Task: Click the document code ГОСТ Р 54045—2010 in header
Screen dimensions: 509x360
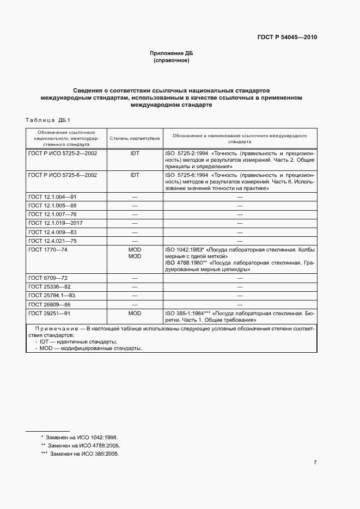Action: tap(286, 38)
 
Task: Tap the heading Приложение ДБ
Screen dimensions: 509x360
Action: tap(172, 53)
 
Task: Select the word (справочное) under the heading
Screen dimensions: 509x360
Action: tap(172, 61)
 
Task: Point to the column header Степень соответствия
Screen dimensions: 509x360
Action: tap(135, 139)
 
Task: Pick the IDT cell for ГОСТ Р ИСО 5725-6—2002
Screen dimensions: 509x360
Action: tap(135, 175)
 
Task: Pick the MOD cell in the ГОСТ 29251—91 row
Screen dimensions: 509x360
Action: tap(135, 314)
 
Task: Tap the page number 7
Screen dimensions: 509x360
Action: tap(315, 463)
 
